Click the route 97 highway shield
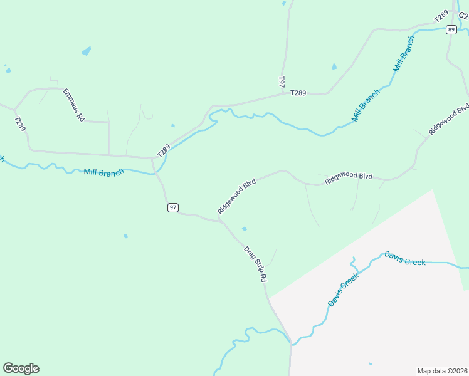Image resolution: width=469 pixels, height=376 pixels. [173, 207]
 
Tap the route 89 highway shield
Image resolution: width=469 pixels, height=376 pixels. [451, 29]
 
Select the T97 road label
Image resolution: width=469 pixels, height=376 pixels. [282, 82]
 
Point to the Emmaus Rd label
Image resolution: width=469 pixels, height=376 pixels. [73, 105]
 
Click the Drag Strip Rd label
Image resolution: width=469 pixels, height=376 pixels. [256, 264]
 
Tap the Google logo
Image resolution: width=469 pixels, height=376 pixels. [21, 368]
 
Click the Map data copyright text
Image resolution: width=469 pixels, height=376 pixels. [442, 370]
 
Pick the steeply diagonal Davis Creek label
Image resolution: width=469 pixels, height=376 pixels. [344, 290]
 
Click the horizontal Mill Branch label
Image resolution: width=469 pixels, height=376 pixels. [103, 172]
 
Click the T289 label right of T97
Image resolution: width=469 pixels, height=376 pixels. [298, 93]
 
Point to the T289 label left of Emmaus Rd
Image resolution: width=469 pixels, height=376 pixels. [21, 123]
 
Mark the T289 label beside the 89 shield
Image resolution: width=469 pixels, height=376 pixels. [441, 16]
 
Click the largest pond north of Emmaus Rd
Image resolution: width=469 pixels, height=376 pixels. [86, 51]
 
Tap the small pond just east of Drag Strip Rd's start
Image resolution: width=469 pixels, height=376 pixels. [244, 229]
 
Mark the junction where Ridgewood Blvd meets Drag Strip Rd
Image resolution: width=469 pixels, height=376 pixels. [219, 220]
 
